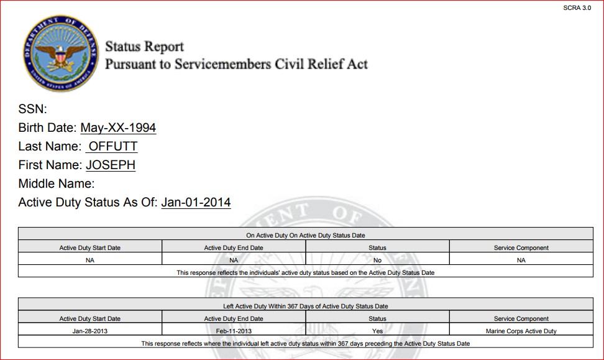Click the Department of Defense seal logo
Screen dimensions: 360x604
[x=60, y=53]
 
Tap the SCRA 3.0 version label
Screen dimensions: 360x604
[x=577, y=7]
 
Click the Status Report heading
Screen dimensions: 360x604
[x=144, y=47]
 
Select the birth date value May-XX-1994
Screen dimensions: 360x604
[x=118, y=128]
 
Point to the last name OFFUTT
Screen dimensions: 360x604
[x=112, y=147]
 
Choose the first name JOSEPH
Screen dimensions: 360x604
[x=111, y=165]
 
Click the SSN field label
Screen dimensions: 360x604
[x=33, y=109]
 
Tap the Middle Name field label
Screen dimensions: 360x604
[x=57, y=183]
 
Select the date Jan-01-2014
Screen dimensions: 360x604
[x=196, y=202]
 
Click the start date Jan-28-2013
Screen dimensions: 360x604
[x=90, y=331]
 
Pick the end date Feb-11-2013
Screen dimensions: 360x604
[x=234, y=331]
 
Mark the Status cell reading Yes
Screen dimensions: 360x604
[x=377, y=331]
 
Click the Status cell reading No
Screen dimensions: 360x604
[x=377, y=261]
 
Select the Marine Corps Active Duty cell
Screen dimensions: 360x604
[x=521, y=331]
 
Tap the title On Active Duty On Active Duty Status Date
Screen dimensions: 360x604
[x=306, y=236]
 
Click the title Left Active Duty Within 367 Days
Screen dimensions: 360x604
[x=306, y=307]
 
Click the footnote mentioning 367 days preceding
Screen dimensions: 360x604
[x=306, y=343]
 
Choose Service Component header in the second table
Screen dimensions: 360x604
[x=521, y=319]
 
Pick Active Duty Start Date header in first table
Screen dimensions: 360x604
[x=90, y=248]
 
